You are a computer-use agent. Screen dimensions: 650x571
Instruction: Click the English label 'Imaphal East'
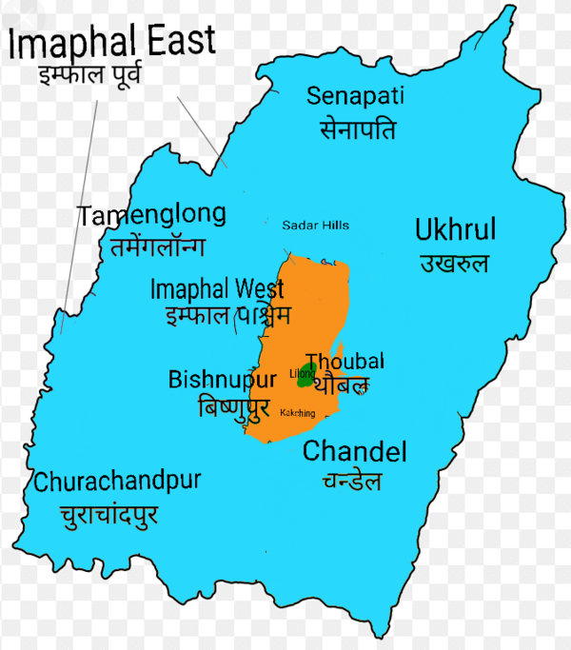[x=112, y=42]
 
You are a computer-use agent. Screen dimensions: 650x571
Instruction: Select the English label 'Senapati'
[x=356, y=95]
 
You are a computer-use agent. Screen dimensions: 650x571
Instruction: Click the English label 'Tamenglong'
[x=152, y=215]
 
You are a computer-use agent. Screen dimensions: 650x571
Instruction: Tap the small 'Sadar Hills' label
[x=315, y=226]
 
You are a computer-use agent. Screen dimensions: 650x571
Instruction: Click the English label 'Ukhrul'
[x=455, y=229]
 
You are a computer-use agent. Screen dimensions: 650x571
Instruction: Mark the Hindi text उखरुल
[x=454, y=263]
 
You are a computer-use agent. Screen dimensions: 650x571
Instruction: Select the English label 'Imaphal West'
[x=217, y=288]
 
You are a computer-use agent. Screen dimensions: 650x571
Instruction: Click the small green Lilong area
[x=305, y=375]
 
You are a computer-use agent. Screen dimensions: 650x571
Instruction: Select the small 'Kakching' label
[x=299, y=413]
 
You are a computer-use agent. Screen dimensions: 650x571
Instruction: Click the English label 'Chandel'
[x=354, y=452]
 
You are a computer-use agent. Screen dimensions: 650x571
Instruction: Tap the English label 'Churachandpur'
[x=117, y=482]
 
